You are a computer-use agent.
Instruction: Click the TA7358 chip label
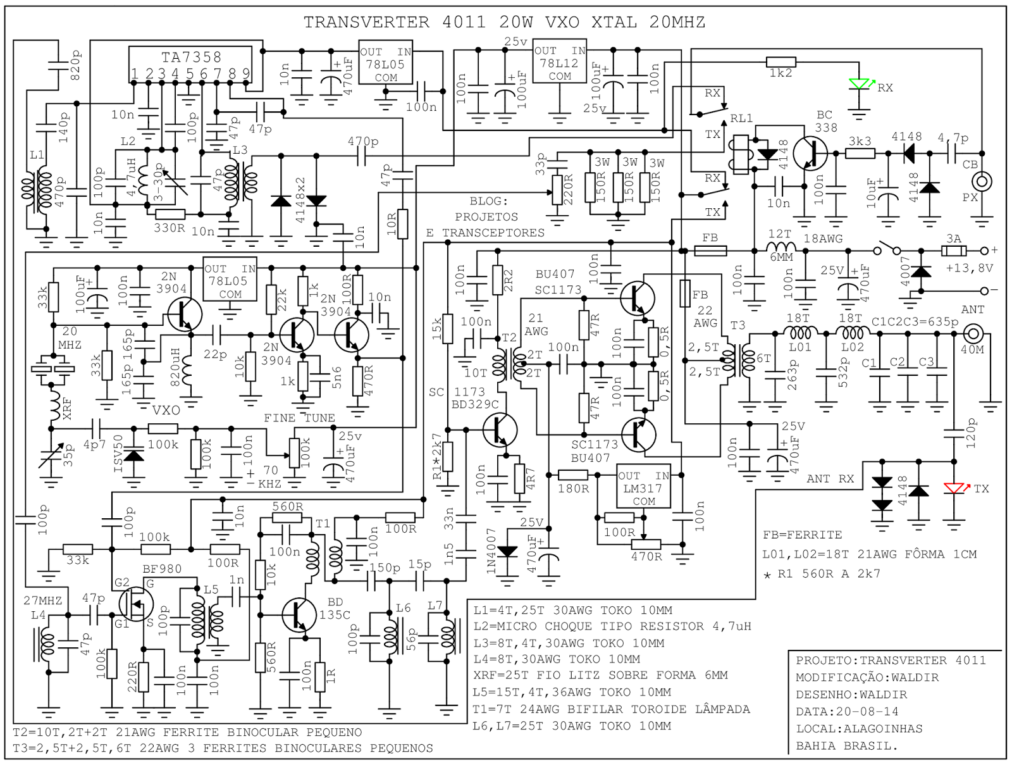click(191, 58)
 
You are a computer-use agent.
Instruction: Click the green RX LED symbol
click(859, 85)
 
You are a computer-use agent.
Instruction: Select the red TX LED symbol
click(954, 488)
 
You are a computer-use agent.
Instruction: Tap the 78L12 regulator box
click(560, 63)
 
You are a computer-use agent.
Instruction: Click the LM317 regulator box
click(643, 488)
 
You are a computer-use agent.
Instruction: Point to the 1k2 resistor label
click(781, 73)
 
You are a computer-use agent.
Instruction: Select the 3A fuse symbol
click(953, 251)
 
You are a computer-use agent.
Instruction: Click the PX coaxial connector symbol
click(982, 182)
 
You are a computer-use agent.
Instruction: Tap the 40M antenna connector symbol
click(972, 333)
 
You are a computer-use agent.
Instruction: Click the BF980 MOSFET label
click(162, 569)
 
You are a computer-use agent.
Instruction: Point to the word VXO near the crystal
click(166, 410)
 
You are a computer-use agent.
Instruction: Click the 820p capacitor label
click(75, 65)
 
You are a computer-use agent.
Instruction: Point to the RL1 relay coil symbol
click(740, 154)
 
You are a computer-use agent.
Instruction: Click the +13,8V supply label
click(969, 268)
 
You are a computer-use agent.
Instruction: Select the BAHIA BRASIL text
click(846, 745)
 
